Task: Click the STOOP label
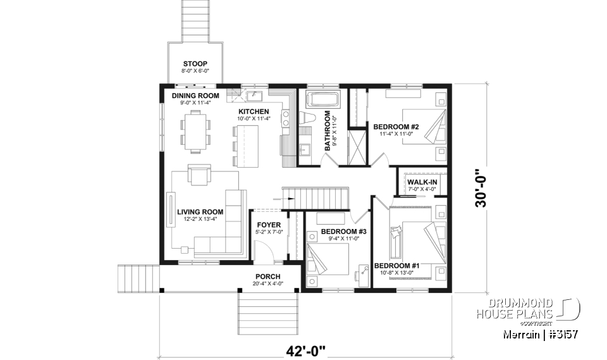coord(195,64)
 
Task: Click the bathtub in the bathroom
coord(323,99)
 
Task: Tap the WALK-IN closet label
coord(422,183)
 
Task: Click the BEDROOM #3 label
coord(344,232)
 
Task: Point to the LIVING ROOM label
coord(200,212)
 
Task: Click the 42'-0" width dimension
coord(305,349)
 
